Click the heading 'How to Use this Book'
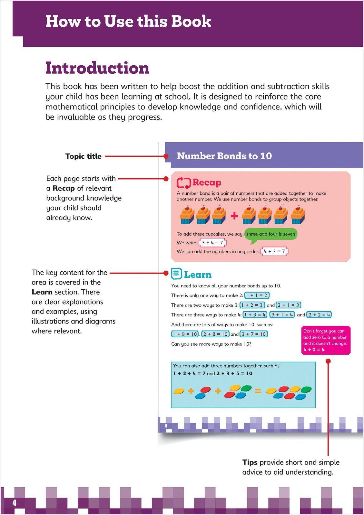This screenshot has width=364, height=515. click(128, 21)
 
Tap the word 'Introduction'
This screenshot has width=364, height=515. click(97, 68)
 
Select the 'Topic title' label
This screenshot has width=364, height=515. click(83, 156)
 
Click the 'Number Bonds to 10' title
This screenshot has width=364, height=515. click(224, 156)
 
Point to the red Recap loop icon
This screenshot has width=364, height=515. click(184, 183)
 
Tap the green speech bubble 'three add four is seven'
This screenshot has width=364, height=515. click(271, 234)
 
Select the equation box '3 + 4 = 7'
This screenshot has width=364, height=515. click(212, 243)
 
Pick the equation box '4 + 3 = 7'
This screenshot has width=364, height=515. click(274, 251)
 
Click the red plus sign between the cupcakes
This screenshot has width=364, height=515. click(234, 216)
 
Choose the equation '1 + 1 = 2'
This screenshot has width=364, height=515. click(257, 295)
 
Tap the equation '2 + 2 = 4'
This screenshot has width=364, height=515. click(319, 315)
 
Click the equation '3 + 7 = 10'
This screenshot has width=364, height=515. click(254, 334)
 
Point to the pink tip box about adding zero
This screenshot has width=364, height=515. click(325, 340)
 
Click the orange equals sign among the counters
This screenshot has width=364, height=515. click(258, 391)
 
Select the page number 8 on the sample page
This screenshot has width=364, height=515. click(166, 426)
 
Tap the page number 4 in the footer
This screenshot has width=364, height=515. click(14, 503)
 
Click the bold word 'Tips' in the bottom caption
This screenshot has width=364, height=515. click(250, 463)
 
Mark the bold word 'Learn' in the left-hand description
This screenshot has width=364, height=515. click(42, 292)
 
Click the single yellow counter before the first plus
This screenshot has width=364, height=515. click(179, 391)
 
